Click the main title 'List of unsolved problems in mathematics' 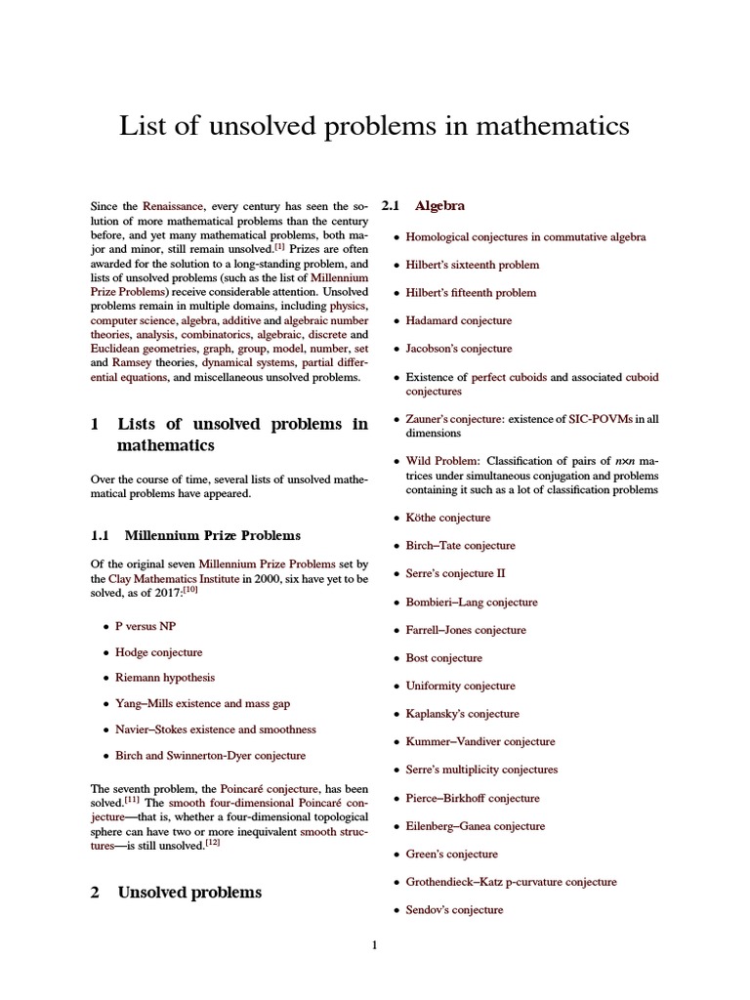[374, 127]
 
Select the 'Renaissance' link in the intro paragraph [173, 207]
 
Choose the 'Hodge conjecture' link [159, 651]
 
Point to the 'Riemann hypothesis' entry [165, 677]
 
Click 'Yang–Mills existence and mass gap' [202, 703]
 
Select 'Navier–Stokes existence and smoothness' [215, 729]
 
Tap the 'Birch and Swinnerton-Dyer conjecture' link [210, 755]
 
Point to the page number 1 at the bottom [374, 944]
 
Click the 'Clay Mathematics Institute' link [154, 579]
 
